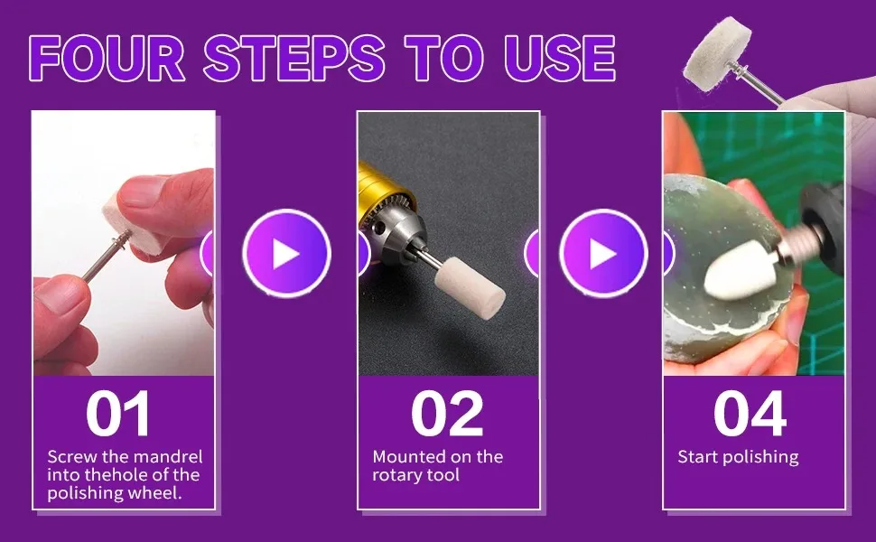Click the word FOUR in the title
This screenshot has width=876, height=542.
pyautogui.click(x=107, y=58)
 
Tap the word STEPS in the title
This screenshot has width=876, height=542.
pyautogui.click(x=294, y=58)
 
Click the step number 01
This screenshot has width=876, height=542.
pyautogui.click(x=118, y=414)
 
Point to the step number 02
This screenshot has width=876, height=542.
pyautogui.click(x=447, y=414)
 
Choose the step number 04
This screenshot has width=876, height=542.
pyautogui.click(x=750, y=414)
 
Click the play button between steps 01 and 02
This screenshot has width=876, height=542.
pyautogui.click(x=286, y=253)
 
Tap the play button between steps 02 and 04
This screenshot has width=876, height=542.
pyautogui.click(x=603, y=253)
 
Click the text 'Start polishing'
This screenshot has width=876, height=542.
pyautogui.click(x=738, y=458)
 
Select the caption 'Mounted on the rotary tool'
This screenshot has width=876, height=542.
pyautogui.click(x=437, y=466)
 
